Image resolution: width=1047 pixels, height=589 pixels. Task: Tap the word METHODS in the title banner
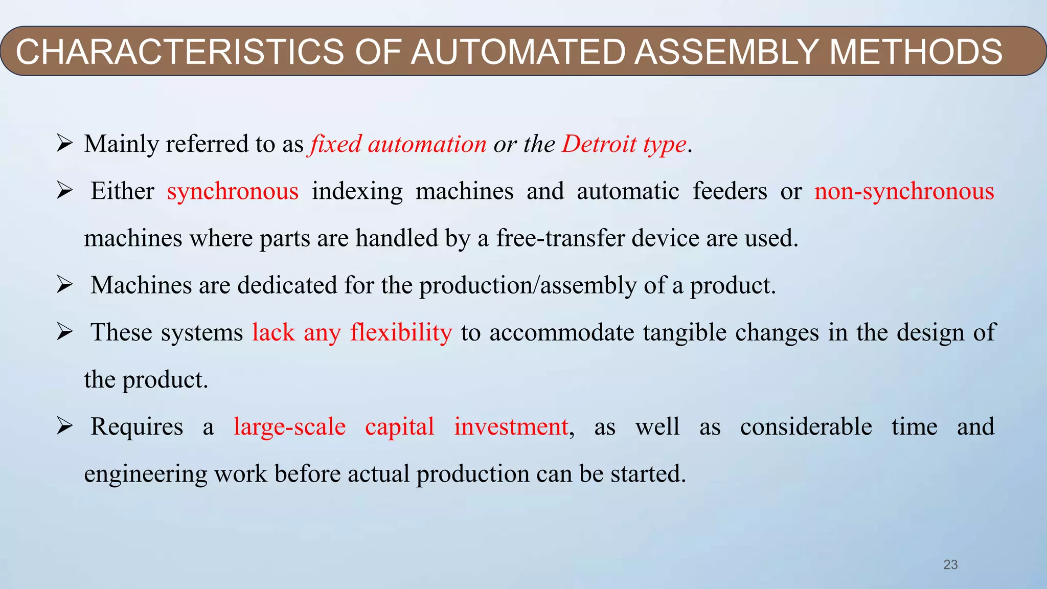pos(916,52)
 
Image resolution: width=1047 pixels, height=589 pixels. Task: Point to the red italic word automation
pos(427,144)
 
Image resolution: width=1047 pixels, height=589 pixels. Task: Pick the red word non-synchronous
pos(904,191)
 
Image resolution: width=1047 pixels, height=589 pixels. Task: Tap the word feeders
pos(730,191)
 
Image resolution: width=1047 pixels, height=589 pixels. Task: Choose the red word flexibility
pos(401,333)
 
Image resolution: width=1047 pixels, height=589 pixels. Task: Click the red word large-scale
pos(289,427)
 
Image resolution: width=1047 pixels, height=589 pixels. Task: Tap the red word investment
pos(511,427)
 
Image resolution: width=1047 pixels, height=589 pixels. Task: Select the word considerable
pos(806,427)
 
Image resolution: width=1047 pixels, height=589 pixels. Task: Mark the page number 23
pos(950,564)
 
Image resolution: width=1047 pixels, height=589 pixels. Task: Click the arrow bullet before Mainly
pos(64,144)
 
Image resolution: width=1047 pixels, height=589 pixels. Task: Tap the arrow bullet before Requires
pos(64,426)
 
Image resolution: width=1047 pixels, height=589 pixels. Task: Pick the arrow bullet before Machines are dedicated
pos(64,285)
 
